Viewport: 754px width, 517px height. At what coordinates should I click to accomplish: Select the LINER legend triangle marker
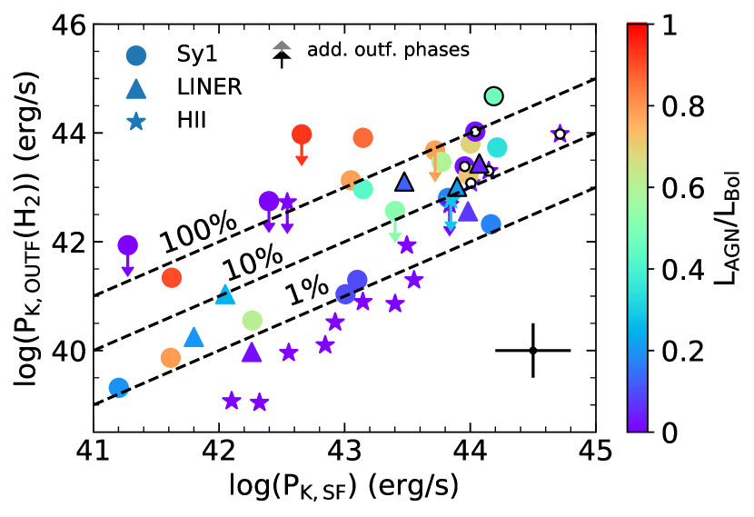click(135, 88)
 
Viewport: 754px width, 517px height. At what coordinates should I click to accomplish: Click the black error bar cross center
click(533, 350)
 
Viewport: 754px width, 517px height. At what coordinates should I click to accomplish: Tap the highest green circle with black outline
click(493, 95)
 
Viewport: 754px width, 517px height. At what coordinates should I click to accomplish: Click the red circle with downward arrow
click(302, 134)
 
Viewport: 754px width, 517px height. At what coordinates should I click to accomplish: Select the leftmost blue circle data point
click(118, 388)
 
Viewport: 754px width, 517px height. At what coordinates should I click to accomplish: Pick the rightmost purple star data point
click(561, 134)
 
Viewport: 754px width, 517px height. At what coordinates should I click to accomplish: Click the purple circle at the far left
click(128, 244)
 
